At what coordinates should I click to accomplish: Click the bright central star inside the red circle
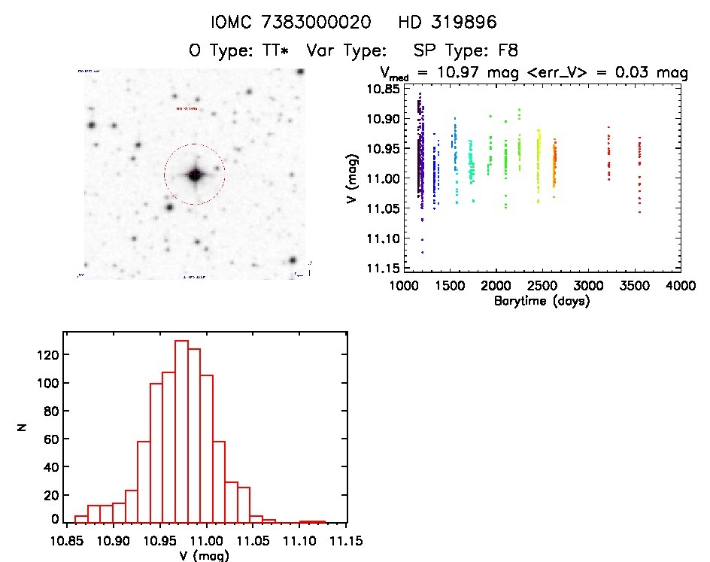[195, 175]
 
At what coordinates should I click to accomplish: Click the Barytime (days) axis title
[541, 301]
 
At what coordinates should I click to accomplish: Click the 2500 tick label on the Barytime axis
[542, 286]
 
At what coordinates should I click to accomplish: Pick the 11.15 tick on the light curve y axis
[383, 268]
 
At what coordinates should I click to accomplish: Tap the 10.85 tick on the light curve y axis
[383, 89]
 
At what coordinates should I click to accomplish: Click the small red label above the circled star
[186, 109]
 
